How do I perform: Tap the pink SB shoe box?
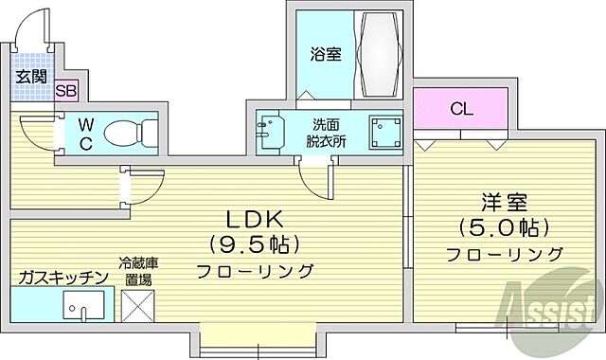tap(66, 91)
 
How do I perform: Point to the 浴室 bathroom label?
tap(325, 55)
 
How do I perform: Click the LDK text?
tap(255, 217)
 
